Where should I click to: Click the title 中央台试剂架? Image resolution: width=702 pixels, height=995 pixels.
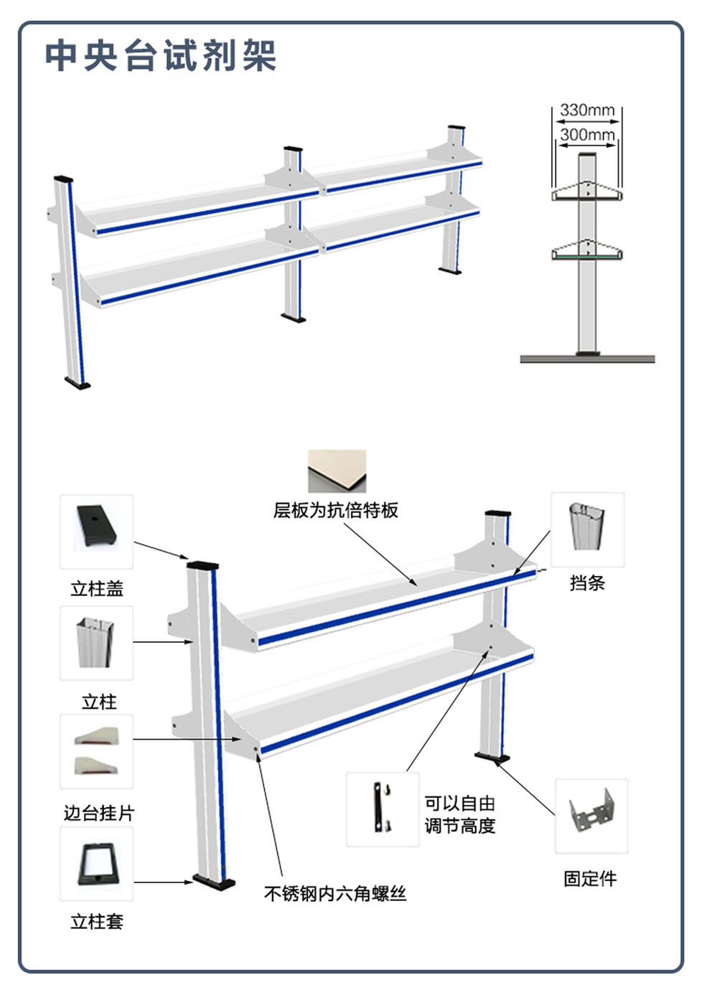(x=161, y=55)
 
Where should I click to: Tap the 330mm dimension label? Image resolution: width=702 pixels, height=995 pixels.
(x=587, y=110)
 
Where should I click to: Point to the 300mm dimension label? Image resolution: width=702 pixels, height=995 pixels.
(x=587, y=134)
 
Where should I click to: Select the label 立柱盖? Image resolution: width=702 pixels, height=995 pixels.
(x=97, y=588)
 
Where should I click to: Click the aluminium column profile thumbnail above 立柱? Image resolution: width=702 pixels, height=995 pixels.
(x=96, y=642)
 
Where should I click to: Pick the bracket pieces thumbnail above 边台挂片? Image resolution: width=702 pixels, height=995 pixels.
(x=96, y=751)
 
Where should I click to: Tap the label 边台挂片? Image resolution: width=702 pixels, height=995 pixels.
(x=99, y=813)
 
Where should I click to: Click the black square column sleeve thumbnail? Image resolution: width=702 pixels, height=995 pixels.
(x=96, y=864)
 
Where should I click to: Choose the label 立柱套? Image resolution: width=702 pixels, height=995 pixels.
(x=97, y=921)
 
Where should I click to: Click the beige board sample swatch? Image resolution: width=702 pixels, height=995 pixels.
(x=337, y=471)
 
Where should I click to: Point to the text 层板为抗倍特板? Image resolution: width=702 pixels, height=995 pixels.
(x=336, y=510)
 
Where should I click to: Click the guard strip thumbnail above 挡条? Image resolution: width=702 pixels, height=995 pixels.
(x=587, y=528)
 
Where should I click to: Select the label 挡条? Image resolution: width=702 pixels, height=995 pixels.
(x=587, y=583)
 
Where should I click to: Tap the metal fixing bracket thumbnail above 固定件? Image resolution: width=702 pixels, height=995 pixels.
(x=591, y=815)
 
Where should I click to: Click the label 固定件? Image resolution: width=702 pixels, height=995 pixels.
(x=590, y=878)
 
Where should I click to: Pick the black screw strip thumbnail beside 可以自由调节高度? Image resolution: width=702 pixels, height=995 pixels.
(x=382, y=808)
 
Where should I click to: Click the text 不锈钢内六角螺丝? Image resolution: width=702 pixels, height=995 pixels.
(x=335, y=893)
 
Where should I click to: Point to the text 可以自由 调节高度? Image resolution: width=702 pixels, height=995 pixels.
(x=460, y=814)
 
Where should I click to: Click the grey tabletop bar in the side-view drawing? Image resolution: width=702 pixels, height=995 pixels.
(x=587, y=358)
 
